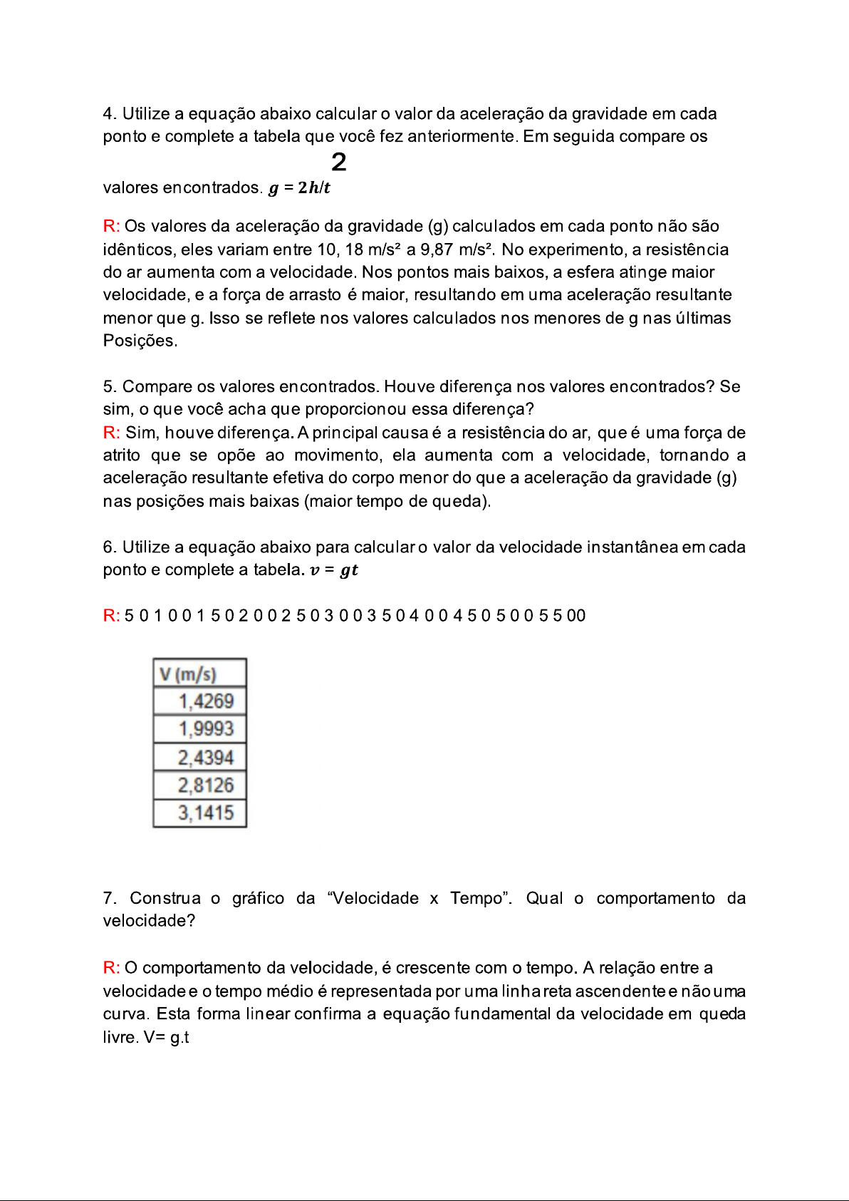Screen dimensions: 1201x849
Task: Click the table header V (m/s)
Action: pyautogui.click(x=189, y=674)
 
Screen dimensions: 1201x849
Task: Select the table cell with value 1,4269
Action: pyautogui.click(x=205, y=701)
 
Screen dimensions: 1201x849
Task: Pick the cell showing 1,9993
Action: pyautogui.click(x=205, y=729)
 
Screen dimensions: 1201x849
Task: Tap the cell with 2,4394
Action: pyautogui.click(x=205, y=758)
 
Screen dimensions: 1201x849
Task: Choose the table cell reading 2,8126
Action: pyautogui.click(x=205, y=785)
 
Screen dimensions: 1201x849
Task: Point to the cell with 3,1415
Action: pyautogui.click(x=205, y=813)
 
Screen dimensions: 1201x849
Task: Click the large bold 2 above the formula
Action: pyautogui.click(x=339, y=163)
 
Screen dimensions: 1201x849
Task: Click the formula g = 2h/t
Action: pyautogui.click(x=299, y=188)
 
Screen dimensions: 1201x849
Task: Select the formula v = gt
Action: pyautogui.click(x=334, y=570)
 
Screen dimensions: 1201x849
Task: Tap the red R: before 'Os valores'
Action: pyautogui.click(x=111, y=227)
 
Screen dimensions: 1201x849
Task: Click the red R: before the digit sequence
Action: pyautogui.click(x=111, y=616)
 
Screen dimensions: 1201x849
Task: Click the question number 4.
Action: pyautogui.click(x=109, y=114)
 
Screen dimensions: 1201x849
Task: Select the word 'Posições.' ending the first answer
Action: pyautogui.click(x=140, y=341)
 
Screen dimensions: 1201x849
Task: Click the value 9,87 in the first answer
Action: pyautogui.click(x=437, y=249)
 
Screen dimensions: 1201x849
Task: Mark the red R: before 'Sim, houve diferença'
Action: pyautogui.click(x=111, y=433)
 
